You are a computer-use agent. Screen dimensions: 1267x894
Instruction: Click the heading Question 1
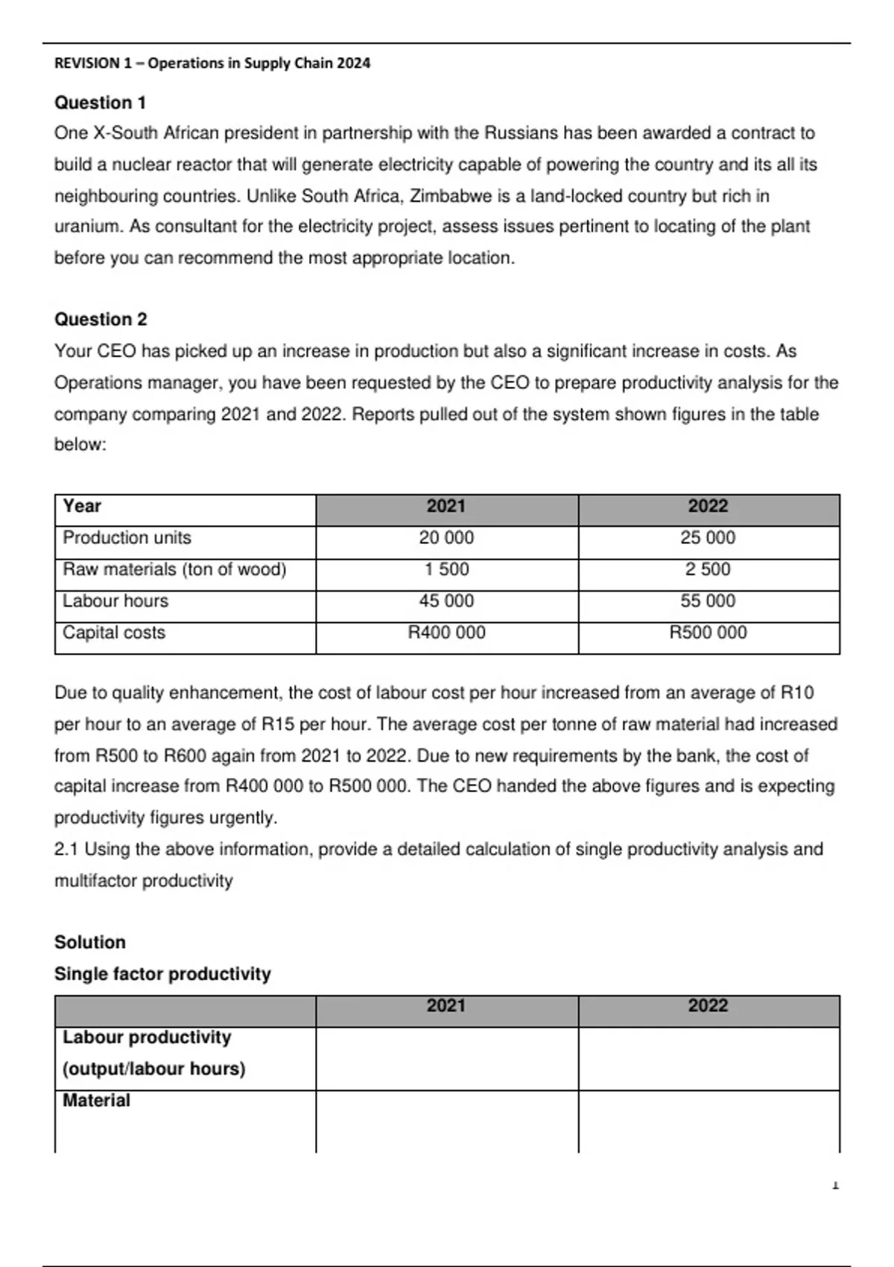(100, 102)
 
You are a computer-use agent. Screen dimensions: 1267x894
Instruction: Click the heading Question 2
(101, 319)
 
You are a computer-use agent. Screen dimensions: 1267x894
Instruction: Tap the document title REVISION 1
(212, 63)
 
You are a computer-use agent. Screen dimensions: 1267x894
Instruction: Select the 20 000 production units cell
(446, 537)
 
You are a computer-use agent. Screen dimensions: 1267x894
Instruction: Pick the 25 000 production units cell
(708, 537)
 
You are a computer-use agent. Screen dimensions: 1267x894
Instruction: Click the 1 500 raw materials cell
(446, 569)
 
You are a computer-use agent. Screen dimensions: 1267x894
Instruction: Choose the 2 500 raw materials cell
(708, 569)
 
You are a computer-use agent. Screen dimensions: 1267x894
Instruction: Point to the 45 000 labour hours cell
(446, 601)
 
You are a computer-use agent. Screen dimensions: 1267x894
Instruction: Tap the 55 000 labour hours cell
(708, 601)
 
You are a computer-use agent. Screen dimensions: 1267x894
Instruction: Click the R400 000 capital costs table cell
(446, 633)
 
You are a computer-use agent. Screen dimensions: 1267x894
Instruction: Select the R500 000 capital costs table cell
(708, 633)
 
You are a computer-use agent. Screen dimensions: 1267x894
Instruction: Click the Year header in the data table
(82, 506)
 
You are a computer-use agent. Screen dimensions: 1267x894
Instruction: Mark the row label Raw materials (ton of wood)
(174, 569)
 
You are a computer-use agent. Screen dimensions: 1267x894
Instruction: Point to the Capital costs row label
(114, 633)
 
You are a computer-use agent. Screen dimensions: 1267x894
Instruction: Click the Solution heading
(90, 942)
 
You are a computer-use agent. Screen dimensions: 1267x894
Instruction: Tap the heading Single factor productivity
(162, 973)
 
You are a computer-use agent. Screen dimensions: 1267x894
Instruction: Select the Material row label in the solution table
(96, 1100)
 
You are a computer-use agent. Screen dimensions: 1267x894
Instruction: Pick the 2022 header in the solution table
(708, 1006)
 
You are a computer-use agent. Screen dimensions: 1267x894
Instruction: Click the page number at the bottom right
(835, 1184)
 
